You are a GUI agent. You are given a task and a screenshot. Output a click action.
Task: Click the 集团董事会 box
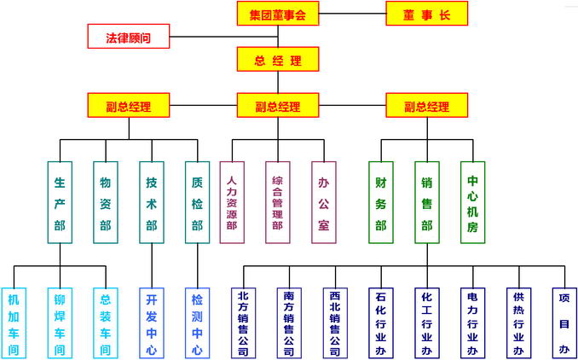(x=277, y=14)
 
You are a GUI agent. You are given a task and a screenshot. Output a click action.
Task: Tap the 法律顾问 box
(x=128, y=38)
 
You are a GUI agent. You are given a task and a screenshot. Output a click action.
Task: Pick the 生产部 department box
(x=60, y=203)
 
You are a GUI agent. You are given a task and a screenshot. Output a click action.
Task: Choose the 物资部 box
(x=106, y=203)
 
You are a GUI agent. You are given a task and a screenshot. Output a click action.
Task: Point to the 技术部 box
(x=152, y=203)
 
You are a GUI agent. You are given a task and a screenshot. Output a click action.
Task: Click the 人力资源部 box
(x=232, y=203)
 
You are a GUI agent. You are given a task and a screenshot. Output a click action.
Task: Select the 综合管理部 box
(x=278, y=203)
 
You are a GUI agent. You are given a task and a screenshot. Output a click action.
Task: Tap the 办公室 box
(x=324, y=203)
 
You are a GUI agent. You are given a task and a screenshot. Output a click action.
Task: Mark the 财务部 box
(x=380, y=203)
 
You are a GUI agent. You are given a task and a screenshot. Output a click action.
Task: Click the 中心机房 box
(x=472, y=203)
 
